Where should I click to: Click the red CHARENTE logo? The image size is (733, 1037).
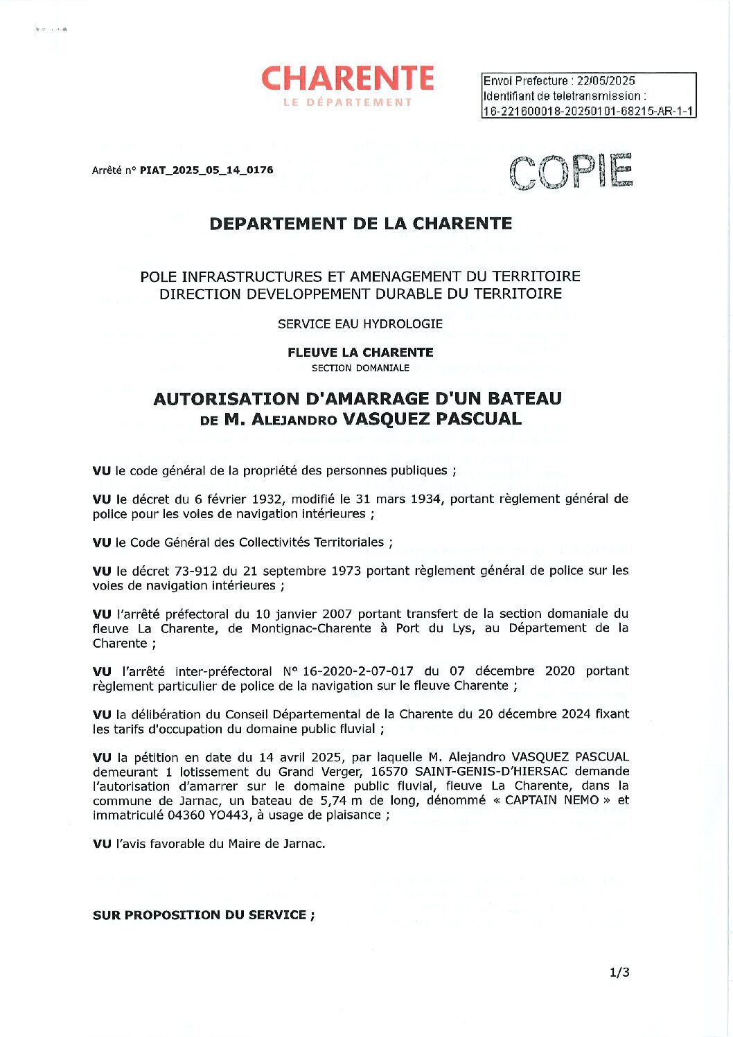point(347,79)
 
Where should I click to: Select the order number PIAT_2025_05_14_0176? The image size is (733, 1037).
point(206,170)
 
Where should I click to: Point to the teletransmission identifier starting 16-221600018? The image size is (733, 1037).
point(588,111)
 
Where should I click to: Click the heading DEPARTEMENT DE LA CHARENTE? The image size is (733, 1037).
point(360,224)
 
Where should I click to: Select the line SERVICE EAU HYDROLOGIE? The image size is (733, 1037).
point(360,323)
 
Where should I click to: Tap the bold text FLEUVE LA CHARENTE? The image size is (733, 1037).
point(360,352)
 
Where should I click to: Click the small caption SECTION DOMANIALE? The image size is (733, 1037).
point(360,368)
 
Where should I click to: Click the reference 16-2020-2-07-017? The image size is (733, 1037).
point(358,671)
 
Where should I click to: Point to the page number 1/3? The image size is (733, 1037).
point(619,972)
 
